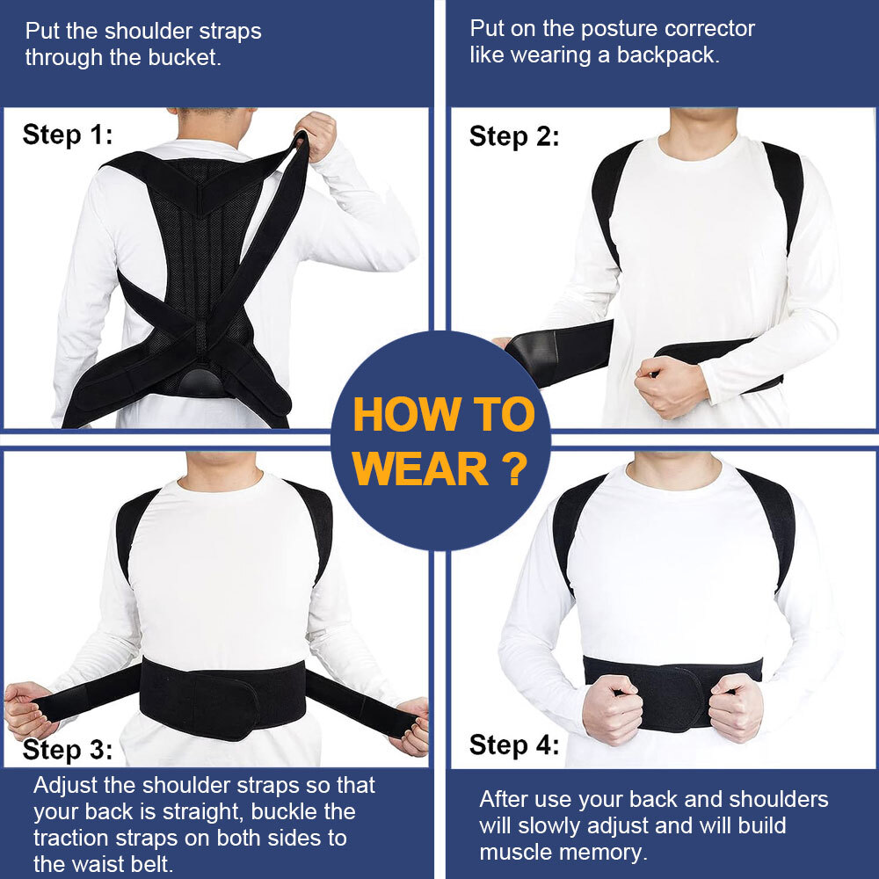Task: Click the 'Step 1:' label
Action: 68,134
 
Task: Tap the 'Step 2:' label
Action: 514,136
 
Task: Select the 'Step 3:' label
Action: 68,750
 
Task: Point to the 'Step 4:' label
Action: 514,745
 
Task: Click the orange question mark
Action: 517,469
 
